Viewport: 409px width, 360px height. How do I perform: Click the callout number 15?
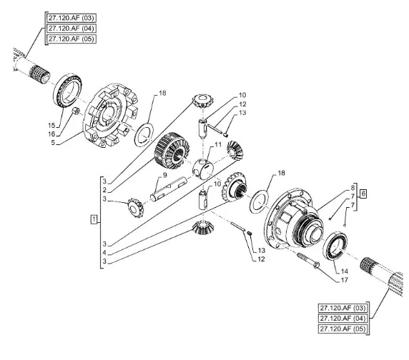(51, 125)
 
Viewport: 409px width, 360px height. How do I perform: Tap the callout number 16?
(51, 134)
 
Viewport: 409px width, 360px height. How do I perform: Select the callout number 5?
(53, 142)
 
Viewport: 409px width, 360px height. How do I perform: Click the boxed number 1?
(94, 219)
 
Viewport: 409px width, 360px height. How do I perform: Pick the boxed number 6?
(363, 194)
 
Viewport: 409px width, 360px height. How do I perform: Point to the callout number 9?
(164, 175)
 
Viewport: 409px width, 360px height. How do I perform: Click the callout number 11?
(218, 144)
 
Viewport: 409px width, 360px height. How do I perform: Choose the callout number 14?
(345, 271)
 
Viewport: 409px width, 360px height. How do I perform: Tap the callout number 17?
(345, 280)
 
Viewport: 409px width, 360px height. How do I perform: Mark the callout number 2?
(104, 190)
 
